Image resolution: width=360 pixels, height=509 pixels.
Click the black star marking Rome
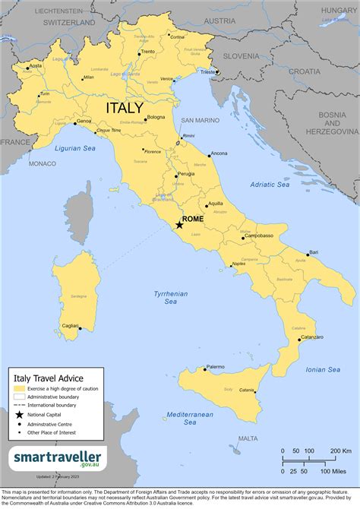point(179,225)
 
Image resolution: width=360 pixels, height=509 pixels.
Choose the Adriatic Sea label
point(270,184)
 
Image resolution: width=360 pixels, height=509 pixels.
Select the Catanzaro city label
point(311,337)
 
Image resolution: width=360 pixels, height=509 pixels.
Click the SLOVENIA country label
point(262,55)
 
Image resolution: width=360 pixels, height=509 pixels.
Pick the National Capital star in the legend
point(18,414)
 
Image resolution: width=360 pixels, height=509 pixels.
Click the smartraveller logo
point(58,458)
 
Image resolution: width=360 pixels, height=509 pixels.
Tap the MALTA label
point(248,438)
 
